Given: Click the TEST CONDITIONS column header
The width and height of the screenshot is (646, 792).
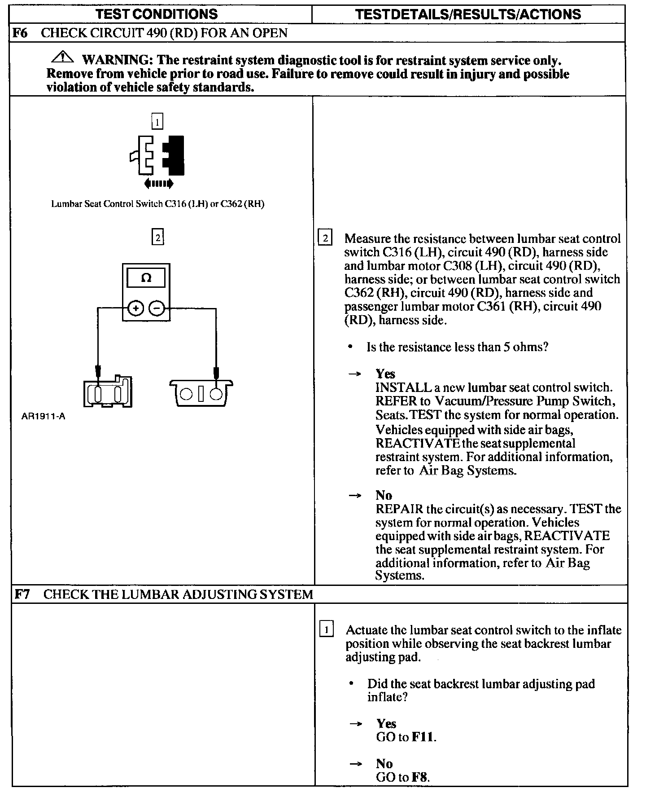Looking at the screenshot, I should coord(157,14).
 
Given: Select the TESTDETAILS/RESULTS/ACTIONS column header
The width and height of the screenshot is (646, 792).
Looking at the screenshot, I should coord(468,14).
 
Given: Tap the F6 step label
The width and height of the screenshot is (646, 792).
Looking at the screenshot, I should coord(20,33).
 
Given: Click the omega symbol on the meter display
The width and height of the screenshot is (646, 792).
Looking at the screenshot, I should coord(146,278).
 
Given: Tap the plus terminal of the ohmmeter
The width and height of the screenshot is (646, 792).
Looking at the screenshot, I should coord(136,308).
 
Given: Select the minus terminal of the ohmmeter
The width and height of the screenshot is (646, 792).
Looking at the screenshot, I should coord(157,308).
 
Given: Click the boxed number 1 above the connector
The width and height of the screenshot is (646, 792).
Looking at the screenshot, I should coord(157,121).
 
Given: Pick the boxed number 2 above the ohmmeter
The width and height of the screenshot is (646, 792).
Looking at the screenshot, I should coord(157,237).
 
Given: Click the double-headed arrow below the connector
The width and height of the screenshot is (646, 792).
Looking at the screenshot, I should coord(158,183).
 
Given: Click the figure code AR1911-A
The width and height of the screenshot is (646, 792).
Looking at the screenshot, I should coord(43,416).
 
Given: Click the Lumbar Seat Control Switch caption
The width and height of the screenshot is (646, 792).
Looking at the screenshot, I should coord(157,204).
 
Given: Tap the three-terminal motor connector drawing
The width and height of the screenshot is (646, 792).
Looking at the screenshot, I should coord(201,393).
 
